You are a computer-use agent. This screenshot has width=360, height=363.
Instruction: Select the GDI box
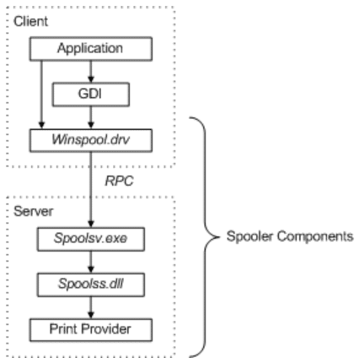[x=89, y=91]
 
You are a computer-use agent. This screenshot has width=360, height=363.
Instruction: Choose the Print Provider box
[x=89, y=325]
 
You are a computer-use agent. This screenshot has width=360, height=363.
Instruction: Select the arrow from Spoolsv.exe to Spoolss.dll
[x=89, y=262]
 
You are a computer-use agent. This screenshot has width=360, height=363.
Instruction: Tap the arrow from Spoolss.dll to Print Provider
[x=89, y=304]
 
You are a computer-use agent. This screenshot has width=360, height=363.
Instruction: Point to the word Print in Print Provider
[x=67, y=325]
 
